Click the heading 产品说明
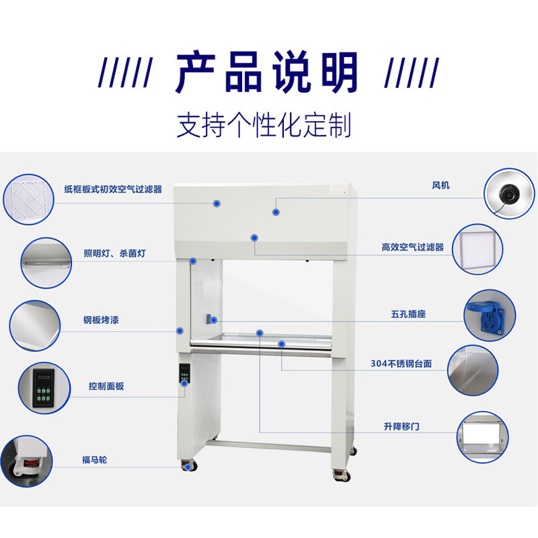click(x=267, y=71)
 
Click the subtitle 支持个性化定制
click(x=264, y=125)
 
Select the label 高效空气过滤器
click(x=412, y=247)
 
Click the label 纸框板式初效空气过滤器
click(x=113, y=190)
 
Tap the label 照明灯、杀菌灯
click(x=114, y=254)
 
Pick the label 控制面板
click(x=106, y=386)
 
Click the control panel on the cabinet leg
click(x=185, y=375)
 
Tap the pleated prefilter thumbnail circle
click(x=29, y=194)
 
